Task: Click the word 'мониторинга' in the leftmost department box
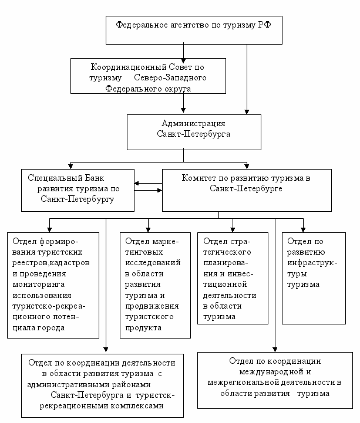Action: tap(39, 285)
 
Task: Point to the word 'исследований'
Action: tap(153, 262)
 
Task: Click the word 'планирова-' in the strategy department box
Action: tap(226, 263)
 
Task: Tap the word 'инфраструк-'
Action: tap(312, 263)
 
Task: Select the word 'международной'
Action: tap(271, 372)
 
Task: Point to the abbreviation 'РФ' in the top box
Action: tap(264, 25)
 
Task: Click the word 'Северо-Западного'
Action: tap(170, 77)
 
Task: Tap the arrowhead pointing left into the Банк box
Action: tap(137, 184)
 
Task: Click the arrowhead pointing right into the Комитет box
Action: tap(160, 191)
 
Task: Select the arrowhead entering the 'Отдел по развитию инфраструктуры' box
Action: tap(303, 230)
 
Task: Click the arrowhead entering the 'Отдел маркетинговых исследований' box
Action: tap(148, 230)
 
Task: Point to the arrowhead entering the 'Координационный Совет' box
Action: tap(183, 60)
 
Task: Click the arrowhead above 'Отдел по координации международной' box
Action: tap(275, 349)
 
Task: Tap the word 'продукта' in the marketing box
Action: tap(143, 328)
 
